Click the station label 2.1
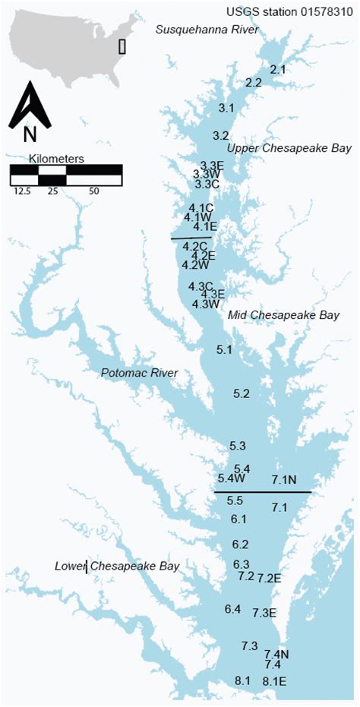(278, 69)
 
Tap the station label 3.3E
(212, 166)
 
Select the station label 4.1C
(201, 208)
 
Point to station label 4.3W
(205, 304)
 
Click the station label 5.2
(242, 393)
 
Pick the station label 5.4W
(231, 478)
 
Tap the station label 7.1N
(284, 478)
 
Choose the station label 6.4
(232, 609)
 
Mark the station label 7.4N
(276, 654)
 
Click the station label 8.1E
(274, 680)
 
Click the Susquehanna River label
(207, 30)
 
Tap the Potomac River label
(139, 373)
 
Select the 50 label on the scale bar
(94, 191)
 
